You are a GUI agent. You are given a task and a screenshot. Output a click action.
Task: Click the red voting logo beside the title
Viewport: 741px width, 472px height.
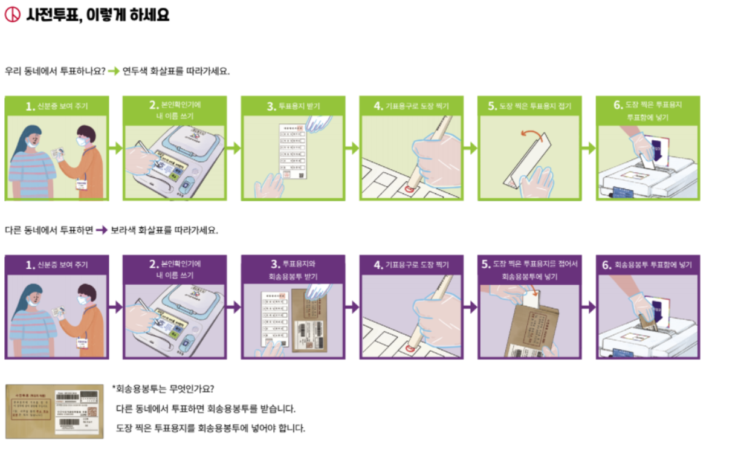tap(12, 15)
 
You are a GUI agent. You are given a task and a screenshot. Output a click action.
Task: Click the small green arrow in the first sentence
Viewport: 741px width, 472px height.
tap(113, 71)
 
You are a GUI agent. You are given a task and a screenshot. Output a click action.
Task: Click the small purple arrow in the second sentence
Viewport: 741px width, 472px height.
tap(101, 230)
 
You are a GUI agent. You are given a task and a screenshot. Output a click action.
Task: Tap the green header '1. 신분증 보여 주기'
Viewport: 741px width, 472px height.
tap(56, 106)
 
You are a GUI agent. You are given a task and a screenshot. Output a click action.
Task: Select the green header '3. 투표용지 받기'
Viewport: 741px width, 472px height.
tap(293, 106)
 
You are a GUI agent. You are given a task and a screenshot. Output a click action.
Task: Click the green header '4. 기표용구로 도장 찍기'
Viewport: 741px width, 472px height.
tap(411, 106)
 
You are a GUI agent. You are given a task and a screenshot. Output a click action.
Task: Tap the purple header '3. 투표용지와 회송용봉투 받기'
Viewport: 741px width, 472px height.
tap(293, 270)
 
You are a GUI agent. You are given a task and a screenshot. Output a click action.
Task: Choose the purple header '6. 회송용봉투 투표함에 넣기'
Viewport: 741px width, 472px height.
tap(647, 265)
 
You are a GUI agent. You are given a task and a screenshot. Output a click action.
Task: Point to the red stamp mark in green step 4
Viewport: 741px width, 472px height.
tap(409, 190)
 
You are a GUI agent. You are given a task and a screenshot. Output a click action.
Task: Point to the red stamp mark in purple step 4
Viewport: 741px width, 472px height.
tap(412, 348)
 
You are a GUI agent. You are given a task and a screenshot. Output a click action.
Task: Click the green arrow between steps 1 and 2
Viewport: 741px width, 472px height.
tap(115, 147)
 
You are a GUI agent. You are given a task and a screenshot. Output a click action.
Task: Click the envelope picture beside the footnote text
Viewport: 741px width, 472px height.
tap(55, 411)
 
